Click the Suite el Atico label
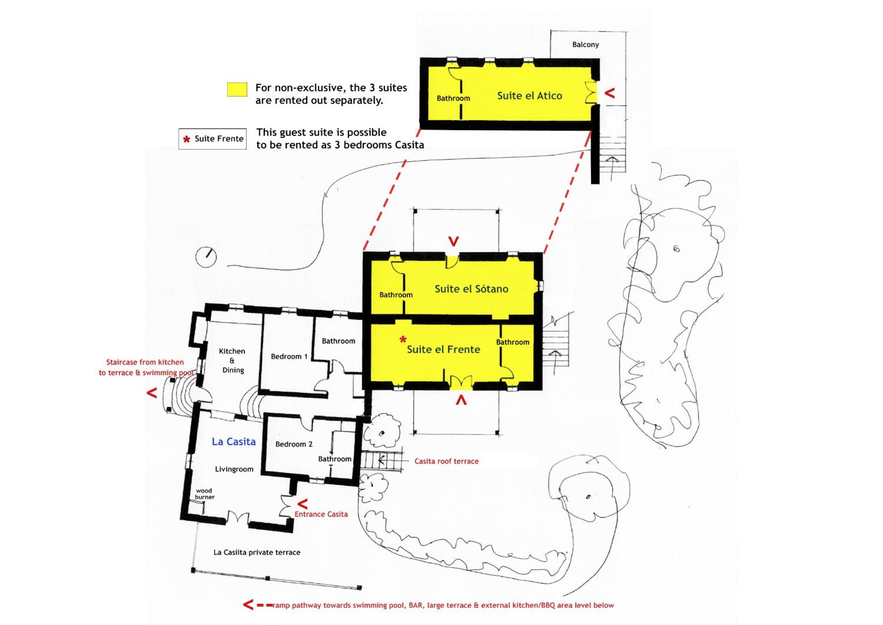click(530, 96)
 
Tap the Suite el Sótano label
click(472, 288)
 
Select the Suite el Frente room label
click(444, 349)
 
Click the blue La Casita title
click(234, 441)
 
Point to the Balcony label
click(585, 45)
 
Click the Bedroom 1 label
click(289, 357)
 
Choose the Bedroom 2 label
click(294, 444)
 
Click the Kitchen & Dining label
click(232, 361)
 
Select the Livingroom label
click(234, 469)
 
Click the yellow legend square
click(237, 89)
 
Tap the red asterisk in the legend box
click(187, 139)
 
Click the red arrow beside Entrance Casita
click(303, 503)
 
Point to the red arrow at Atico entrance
click(609, 93)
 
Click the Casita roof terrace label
click(447, 461)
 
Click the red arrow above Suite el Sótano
click(454, 241)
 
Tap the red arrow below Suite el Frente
click(461, 400)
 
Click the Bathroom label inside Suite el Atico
click(453, 98)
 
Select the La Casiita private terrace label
click(257, 552)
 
